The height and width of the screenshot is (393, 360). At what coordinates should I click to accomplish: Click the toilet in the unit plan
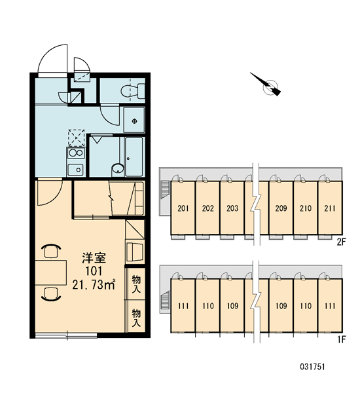pos(133,90)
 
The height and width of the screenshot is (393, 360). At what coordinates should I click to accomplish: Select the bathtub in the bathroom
pos(134,157)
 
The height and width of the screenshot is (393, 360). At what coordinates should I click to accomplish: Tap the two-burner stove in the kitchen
pos(76,153)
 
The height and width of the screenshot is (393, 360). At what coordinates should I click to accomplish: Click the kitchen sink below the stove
pos(76,170)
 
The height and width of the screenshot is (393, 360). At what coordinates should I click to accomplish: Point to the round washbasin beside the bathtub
pos(118,168)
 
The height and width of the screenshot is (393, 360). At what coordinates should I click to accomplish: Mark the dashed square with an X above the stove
pos(77,138)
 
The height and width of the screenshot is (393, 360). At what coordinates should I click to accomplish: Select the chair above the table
pos(51,251)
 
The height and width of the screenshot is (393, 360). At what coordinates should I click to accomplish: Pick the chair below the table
pos(51,293)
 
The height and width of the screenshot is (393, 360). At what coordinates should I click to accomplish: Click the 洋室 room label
pos(94,258)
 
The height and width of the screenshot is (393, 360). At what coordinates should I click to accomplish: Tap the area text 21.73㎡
pos(94,285)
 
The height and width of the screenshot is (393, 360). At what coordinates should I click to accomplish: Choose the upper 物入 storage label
pos(136,284)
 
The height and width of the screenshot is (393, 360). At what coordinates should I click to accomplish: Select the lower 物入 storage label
pos(136,317)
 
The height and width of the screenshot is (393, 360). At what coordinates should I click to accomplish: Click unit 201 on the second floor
pos(183,208)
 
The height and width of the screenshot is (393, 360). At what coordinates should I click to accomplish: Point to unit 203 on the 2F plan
pos(232,208)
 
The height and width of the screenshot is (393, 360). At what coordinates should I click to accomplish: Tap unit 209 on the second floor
pos(281,208)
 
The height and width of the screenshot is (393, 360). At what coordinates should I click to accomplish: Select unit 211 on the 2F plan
pos(330,208)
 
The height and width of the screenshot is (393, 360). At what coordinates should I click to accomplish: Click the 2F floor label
pos(342,242)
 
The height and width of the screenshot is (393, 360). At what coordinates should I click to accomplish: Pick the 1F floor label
pos(342,339)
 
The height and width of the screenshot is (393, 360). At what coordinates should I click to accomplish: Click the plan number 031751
pos(312,367)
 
